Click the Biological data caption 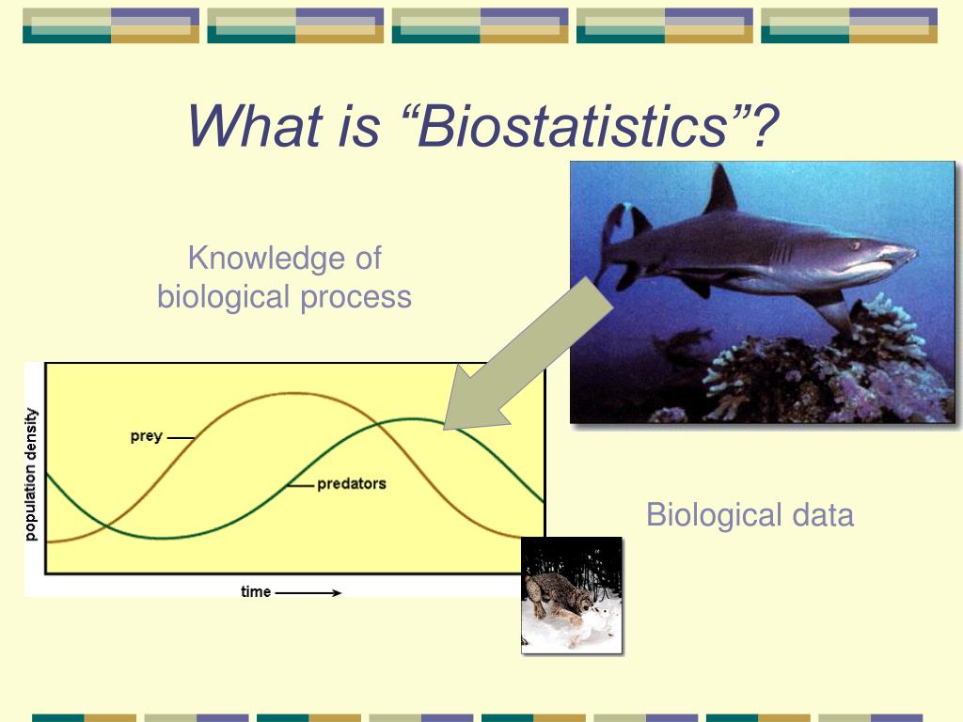pyautogui.click(x=750, y=515)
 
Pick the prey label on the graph pyautogui.click(x=146, y=436)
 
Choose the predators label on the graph pyautogui.click(x=351, y=484)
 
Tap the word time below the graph pyautogui.click(x=255, y=592)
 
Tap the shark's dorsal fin pyautogui.click(x=721, y=190)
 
